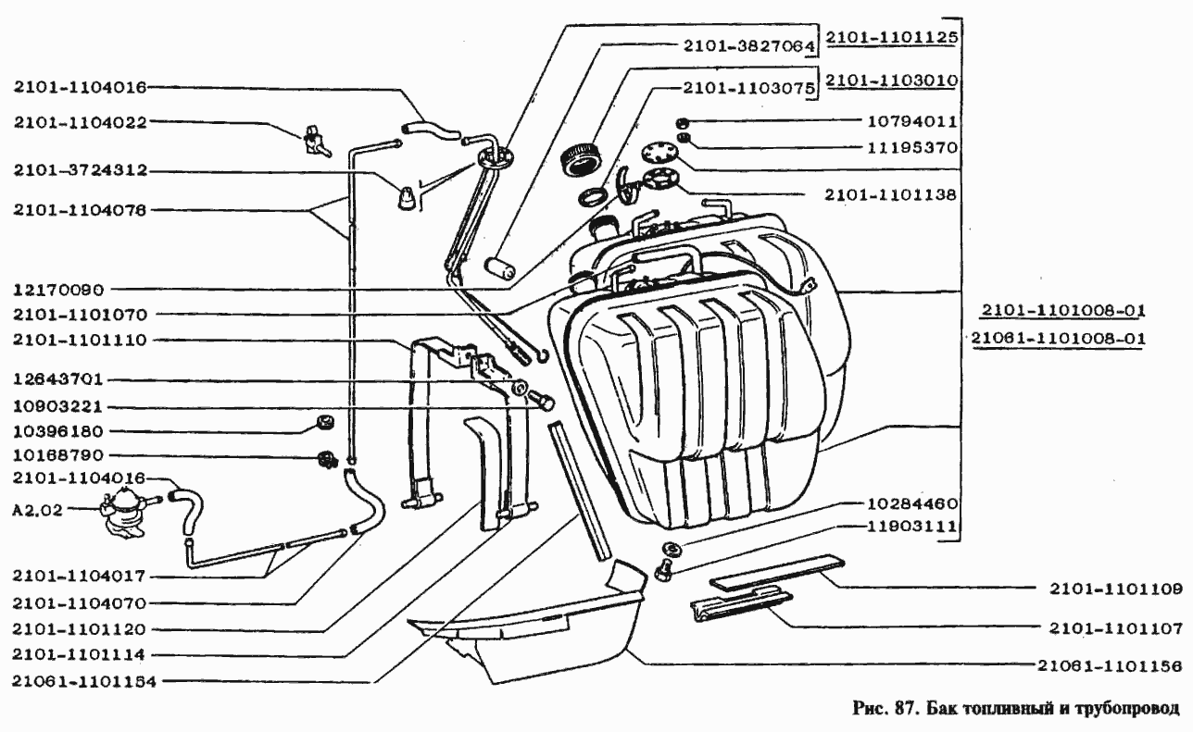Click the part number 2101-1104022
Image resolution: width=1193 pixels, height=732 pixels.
point(81,121)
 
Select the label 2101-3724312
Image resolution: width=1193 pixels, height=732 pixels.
point(81,171)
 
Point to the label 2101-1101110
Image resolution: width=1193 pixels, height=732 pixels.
point(81,340)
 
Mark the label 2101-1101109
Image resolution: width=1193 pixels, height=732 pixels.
point(1116,588)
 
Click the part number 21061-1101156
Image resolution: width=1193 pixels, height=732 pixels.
point(1110,664)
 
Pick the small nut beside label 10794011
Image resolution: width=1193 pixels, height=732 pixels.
point(682,122)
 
